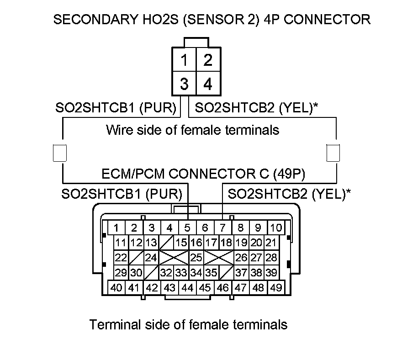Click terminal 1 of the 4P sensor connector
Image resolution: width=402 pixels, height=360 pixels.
[184, 60]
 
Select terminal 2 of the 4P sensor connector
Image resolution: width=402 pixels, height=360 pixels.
[208, 60]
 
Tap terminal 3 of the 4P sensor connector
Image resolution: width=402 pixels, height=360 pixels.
[184, 85]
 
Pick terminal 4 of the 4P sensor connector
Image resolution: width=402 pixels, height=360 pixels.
[208, 85]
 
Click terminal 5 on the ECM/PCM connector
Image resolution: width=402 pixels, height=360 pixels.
[187, 228]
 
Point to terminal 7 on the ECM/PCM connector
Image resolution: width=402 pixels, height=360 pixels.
[222, 228]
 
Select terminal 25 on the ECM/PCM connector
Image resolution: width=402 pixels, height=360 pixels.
[196, 257]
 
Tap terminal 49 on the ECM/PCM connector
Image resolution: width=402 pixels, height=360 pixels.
[275, 288]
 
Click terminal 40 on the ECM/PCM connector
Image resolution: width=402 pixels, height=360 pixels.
[116, 288]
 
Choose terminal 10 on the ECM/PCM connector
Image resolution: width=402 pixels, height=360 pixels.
[275, 228]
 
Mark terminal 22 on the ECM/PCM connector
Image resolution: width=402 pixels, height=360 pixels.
[121, 257]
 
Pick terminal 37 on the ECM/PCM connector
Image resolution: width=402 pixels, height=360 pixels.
[242, 273]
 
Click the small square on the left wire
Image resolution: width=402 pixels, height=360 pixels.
[60, 153]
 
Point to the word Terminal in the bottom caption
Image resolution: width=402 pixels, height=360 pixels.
[114, 325]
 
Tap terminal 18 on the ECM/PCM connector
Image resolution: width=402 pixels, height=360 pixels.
[226, 242]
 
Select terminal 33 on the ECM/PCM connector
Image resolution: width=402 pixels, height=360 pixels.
[181, 273]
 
